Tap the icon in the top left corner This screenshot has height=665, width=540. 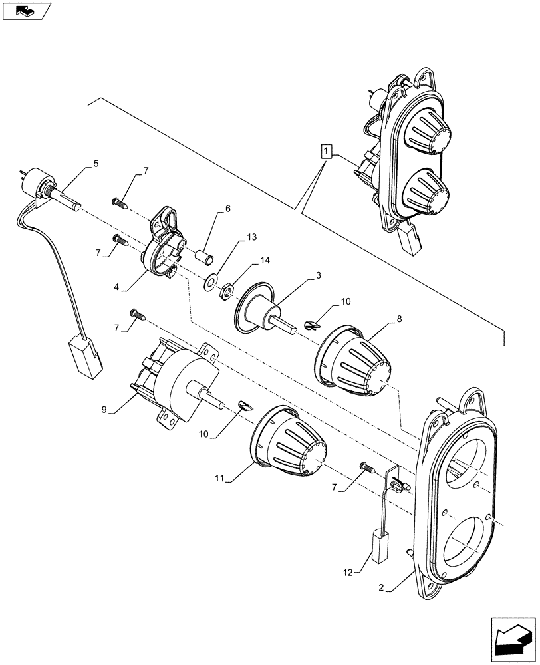coord(26,11)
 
